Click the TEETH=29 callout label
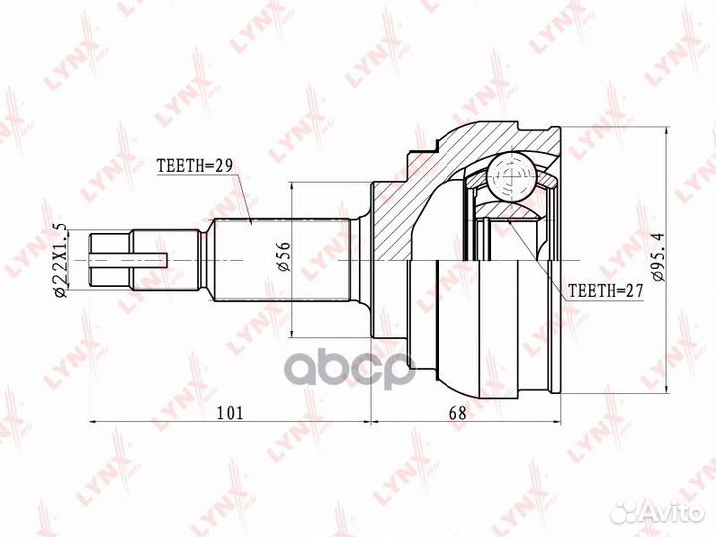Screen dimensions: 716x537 [195, 165]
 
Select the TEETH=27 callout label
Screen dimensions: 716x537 [606, 290]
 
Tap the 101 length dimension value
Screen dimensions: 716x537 [229, 413]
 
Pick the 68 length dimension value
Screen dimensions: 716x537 [458, 413]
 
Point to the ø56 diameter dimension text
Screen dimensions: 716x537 [283, 256]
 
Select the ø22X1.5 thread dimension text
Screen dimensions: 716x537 [60, 261]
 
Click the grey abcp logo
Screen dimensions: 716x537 [352, 370]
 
